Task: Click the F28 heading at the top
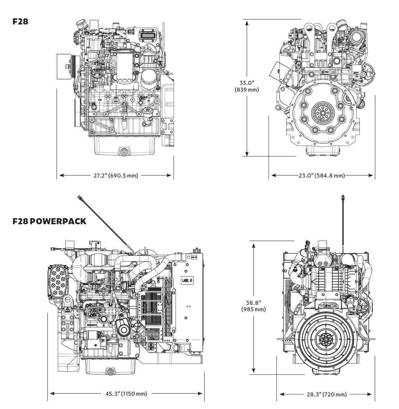[20, 22]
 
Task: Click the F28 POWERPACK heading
[49, 221]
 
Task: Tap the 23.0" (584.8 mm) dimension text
[321, 176]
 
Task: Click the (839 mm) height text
[247, 90]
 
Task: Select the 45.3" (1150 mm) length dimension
[126, 394]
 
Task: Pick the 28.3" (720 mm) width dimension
[327, 394]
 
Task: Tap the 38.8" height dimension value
[253, 302]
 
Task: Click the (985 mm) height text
[253, 309]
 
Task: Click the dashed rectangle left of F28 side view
[64, 66]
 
